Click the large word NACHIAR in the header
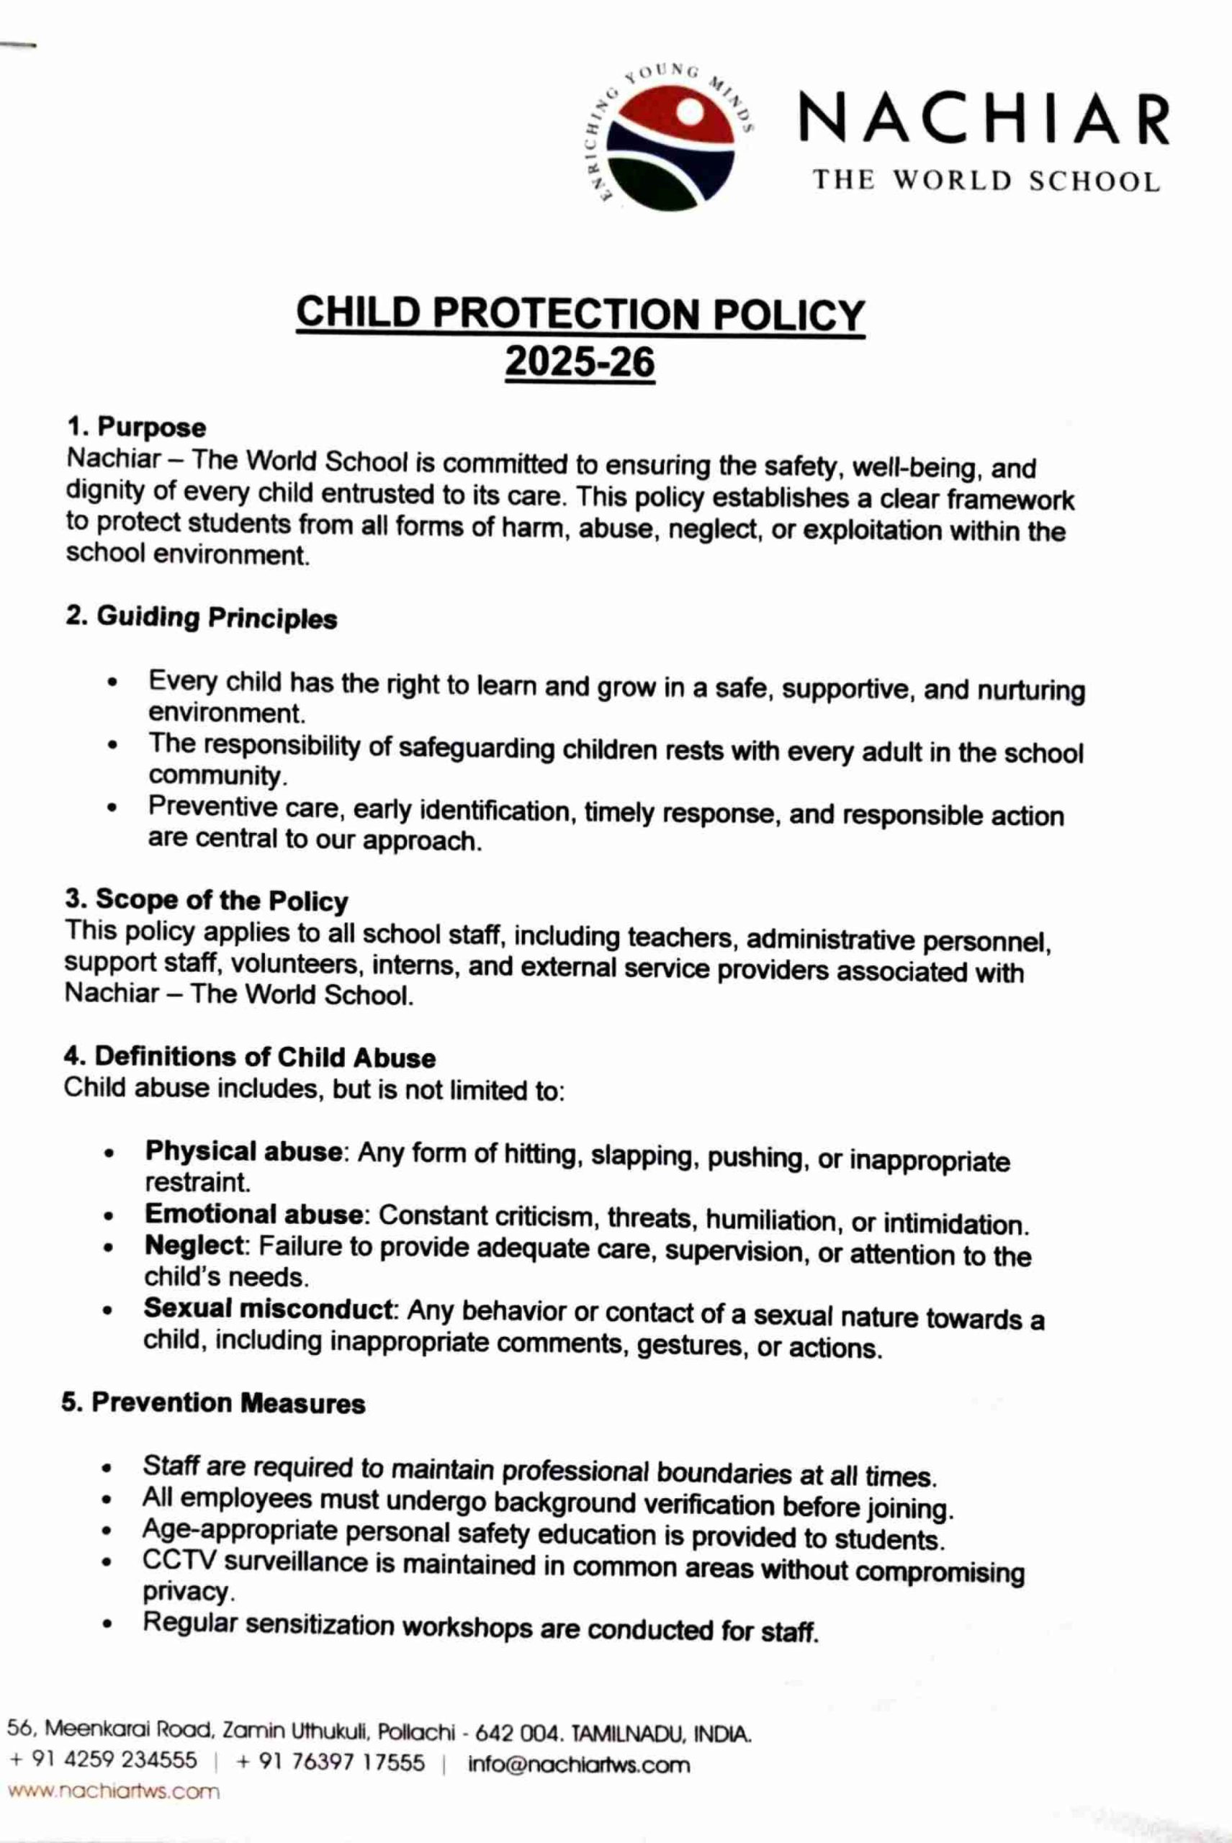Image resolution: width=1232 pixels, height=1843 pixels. coord(984,120)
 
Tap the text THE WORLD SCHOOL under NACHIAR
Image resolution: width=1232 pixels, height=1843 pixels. coord(986,181)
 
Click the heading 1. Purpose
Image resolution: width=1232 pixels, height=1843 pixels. coord(136,428)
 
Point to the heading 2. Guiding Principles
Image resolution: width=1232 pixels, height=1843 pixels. coord(201,618)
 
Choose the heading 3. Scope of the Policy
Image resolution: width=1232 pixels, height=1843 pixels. coord(206,901)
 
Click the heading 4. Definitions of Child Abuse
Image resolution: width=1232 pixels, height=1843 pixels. coord(249,1058)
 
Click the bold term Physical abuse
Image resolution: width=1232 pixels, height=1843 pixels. coord(243,1152)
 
